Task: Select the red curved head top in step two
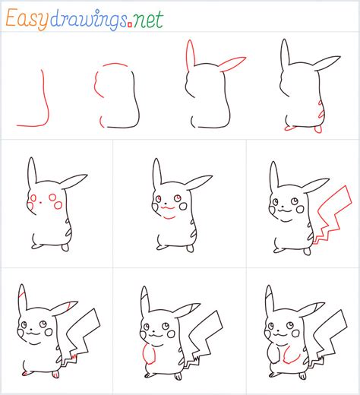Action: tap(114, 66)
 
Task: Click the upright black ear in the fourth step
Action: tap(284, 56)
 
